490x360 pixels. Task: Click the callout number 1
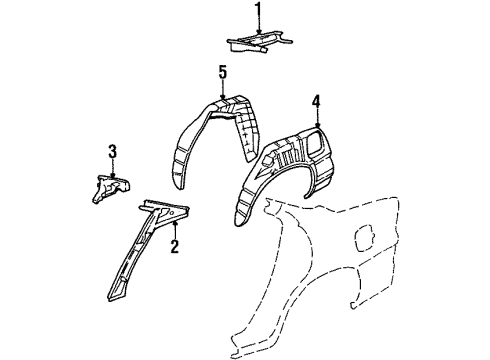(258, 13)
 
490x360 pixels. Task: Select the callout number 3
(113, 151)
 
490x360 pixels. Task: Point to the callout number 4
(316, 100)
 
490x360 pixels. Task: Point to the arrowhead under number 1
(258, 34)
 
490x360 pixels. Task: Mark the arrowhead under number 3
(113, 171)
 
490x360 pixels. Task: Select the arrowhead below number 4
(316, 124)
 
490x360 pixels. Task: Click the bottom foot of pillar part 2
(114, 296)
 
